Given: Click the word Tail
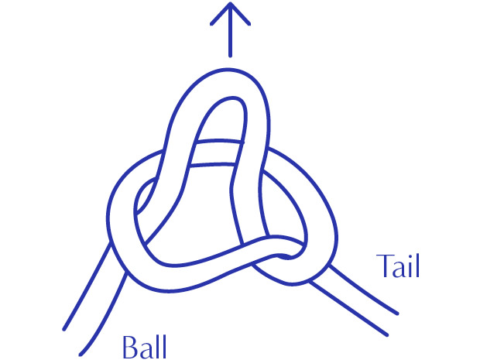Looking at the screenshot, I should pyautogui.click(x=398, y=265).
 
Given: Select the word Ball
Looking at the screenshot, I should pyautogui.click(x=144, y=345).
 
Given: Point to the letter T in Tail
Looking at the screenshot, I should pyautogui.click(x=385, y=265).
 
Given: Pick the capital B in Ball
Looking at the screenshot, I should pyautogui.click(x=129, y=345).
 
